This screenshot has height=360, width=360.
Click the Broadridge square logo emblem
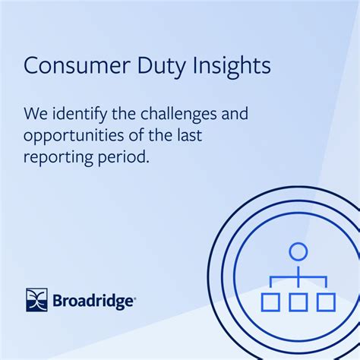pos(36,299)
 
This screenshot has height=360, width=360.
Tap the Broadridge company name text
pos(93,300)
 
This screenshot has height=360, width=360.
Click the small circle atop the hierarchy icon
pos(298,251)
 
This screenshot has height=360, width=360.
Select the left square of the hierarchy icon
pos(270,302)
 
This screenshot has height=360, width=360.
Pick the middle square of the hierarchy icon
pos(298,302)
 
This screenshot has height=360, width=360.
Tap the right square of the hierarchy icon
pos(326,302)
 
